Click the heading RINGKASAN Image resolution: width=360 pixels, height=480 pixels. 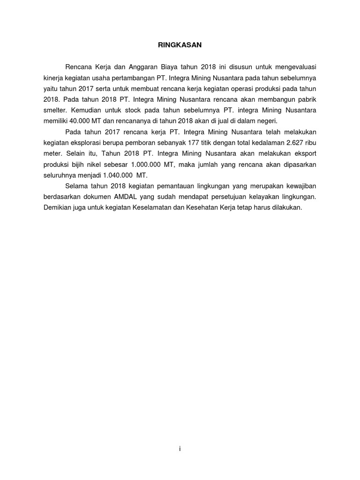pos(180,45)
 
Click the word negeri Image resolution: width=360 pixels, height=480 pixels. pos(267,121)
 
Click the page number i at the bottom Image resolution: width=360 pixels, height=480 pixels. pos(180,449)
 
